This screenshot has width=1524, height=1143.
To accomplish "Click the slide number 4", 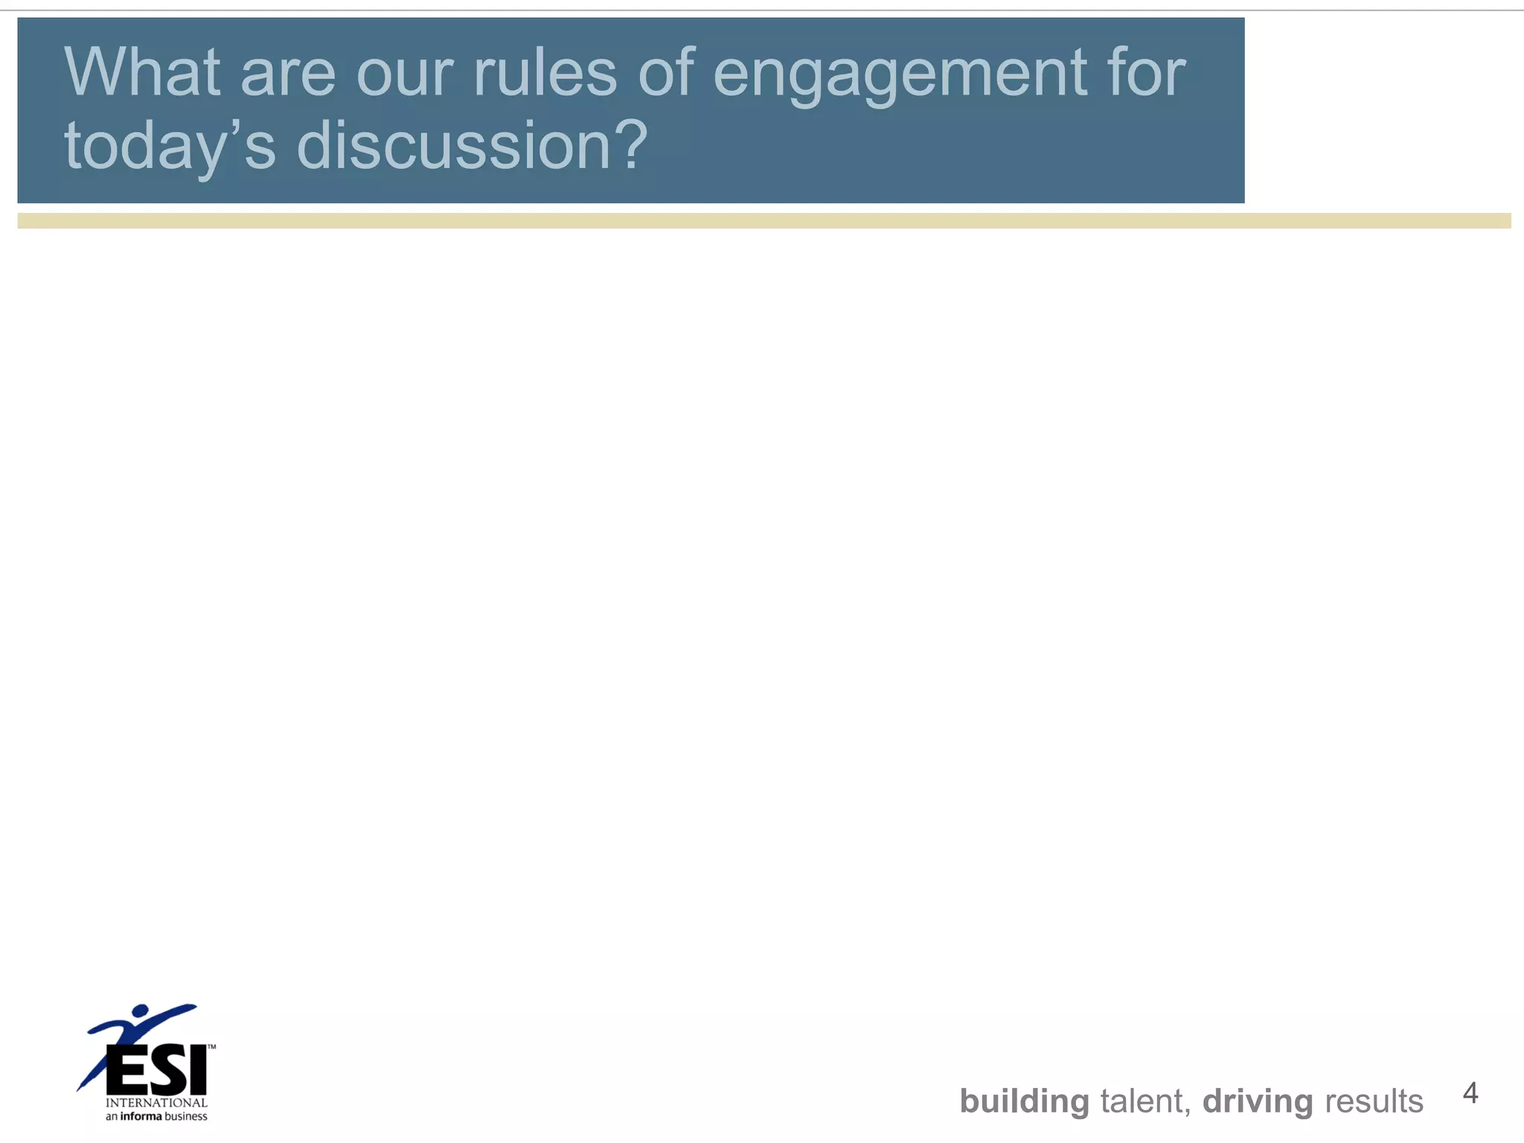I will (x=1470, y=1092).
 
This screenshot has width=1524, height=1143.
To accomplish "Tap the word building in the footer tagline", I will (x=1024, y=1101).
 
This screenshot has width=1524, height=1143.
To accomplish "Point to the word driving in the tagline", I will (x=1258, y=1101).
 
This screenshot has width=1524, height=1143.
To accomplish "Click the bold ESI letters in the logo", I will (x=156, y=1070).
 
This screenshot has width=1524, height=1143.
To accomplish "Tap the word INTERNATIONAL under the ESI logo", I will (x=156, y=1103).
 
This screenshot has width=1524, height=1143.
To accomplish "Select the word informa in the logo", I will (x=141, y=1116).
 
